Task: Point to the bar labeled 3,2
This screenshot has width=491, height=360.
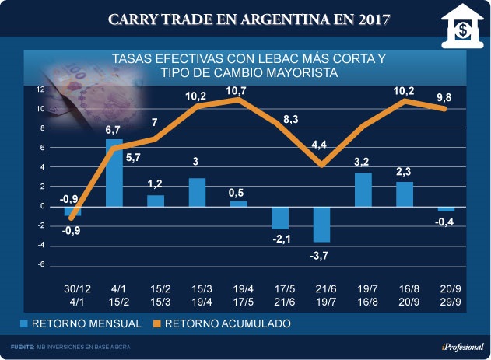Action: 363,190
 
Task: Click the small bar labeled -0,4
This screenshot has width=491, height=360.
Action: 446,209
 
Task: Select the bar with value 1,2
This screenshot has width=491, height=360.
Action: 156,201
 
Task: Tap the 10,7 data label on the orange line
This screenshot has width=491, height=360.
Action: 239,92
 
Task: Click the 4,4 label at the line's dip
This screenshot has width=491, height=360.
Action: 321,145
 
